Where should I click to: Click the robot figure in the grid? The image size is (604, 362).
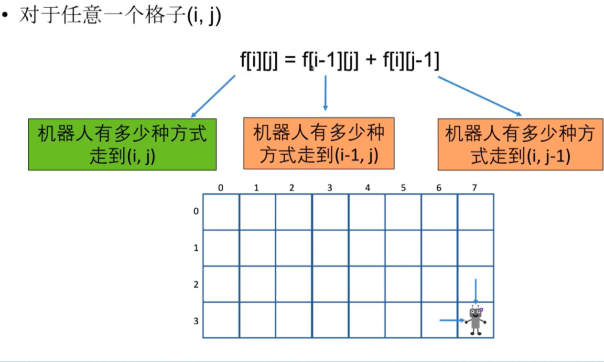coord(475,320)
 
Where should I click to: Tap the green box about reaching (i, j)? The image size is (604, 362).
coord(122,144)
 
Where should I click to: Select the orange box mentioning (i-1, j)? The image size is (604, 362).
coord(319,143)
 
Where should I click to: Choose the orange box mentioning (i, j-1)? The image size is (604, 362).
coord(520,144)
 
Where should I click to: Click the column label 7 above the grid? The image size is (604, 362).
coord(475,188)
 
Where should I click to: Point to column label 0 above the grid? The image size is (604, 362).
coord(221,188)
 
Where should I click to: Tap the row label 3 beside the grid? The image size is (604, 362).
coord(195,321)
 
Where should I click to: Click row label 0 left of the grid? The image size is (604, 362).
coord(195,211)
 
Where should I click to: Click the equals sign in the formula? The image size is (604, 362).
coord(290,62)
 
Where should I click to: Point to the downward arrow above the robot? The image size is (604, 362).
coord(475,291)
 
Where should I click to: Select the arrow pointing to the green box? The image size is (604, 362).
coord(213,96)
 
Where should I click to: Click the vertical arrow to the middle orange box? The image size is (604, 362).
coord(325,93)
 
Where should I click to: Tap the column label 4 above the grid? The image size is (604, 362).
coord(367,188)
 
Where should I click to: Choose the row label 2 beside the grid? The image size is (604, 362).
coord(195,285)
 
